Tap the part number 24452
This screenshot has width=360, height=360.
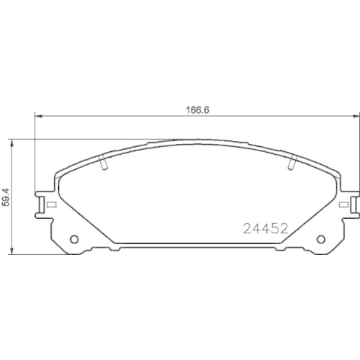[x=264, y=229]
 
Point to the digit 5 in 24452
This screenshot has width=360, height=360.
[x=276, y=229]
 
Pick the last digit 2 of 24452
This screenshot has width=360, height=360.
[x=284, y=229]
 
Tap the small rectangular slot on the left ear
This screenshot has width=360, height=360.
[x=52, y=204]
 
